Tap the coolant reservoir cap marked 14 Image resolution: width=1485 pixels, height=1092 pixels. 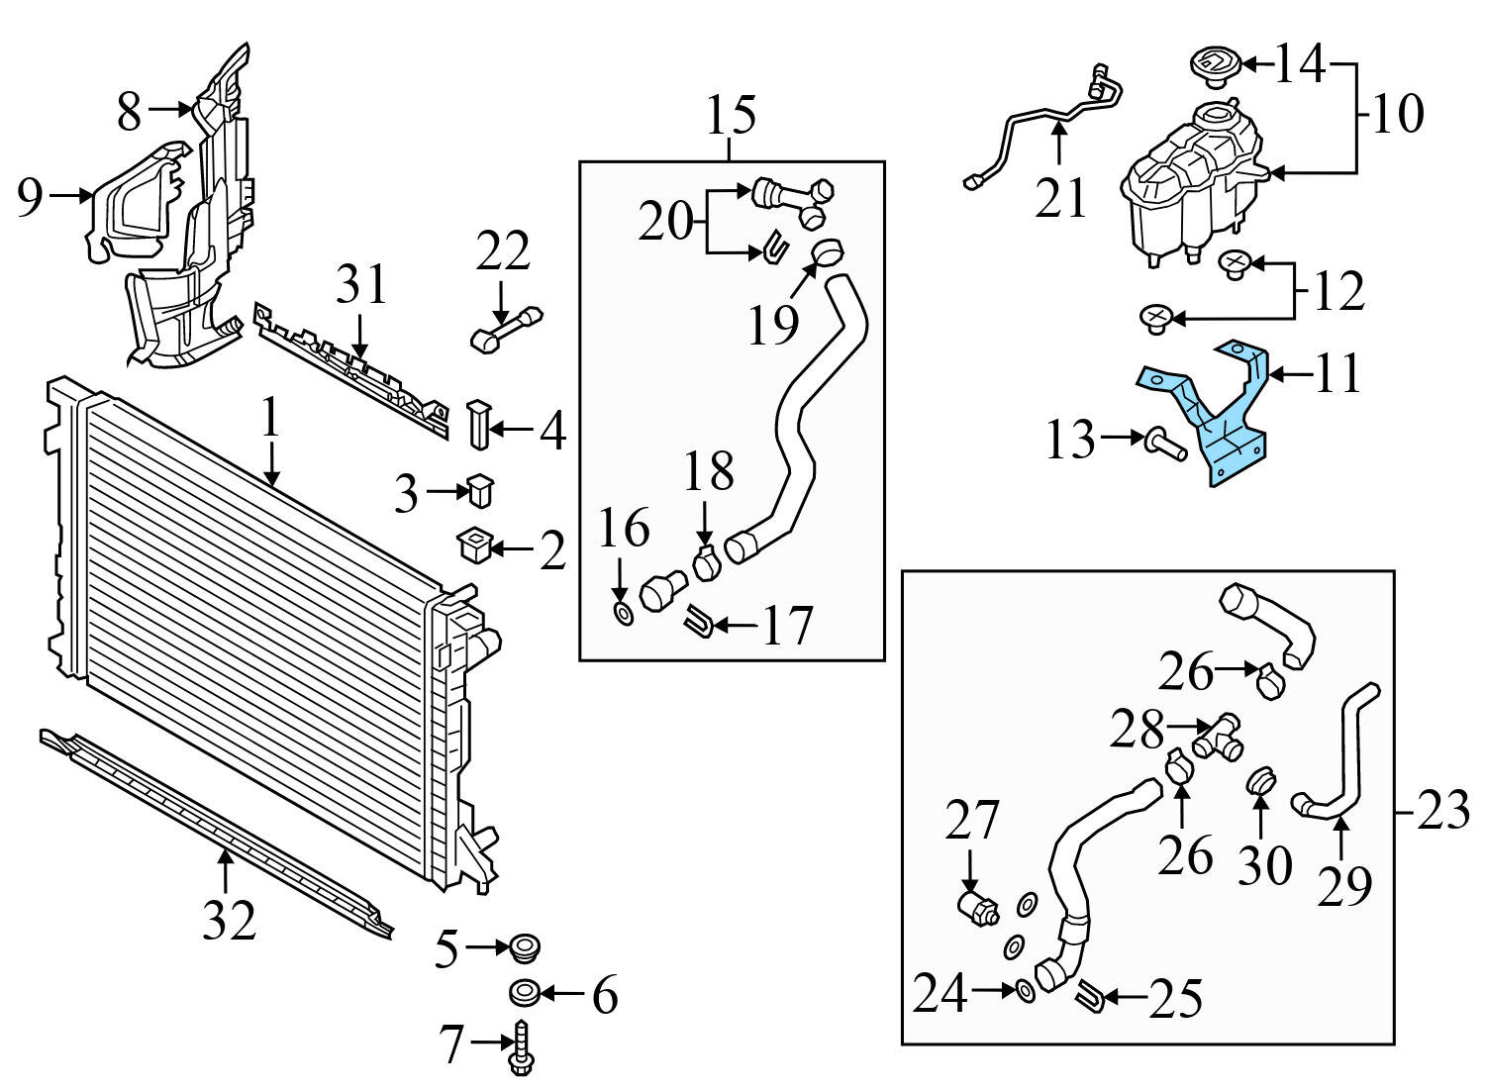[1212, 64]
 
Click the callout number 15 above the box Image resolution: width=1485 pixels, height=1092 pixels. [731, 115]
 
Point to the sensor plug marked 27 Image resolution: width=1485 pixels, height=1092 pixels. [978, 907]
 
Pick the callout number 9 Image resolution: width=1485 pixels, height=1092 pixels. [30, 198]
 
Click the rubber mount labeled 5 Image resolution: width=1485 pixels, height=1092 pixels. [522, 945]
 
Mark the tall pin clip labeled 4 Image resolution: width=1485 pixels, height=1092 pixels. [478, 424]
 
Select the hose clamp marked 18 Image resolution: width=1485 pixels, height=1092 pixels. [705, 564]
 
